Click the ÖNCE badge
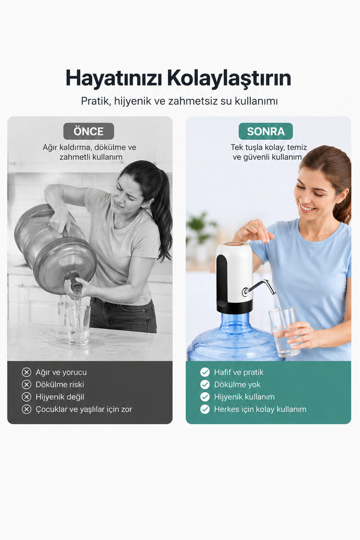(88, 131)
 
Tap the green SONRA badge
(265, 131)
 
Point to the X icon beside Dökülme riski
(26, 385)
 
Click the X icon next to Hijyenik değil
(26, 397)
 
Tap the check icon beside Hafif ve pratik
(205, 372)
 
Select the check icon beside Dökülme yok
(205, 385)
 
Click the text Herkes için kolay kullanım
(260, 409)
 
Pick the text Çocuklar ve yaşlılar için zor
(84, 409)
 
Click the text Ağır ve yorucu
(61, 372)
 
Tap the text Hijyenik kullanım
(244, 397)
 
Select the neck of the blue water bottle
(234, 319)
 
